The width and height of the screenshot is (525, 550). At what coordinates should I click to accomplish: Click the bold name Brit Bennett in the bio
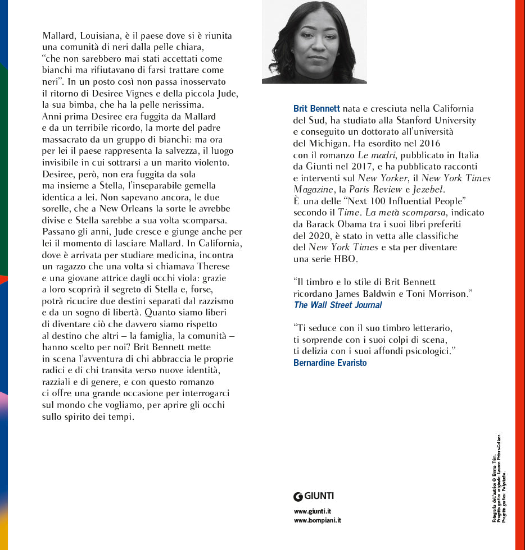(x=316, y=108)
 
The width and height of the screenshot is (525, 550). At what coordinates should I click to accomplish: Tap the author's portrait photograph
(x=314, y=42)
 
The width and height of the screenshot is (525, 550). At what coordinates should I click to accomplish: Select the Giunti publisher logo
(x=314, y=496)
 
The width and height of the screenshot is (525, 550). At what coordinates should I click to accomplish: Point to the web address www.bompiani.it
(x=317, y=520)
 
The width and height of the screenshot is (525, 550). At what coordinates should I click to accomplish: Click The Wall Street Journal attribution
(x=338, y=305)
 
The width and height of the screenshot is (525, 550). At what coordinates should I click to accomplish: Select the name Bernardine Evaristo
(x=330, y=363)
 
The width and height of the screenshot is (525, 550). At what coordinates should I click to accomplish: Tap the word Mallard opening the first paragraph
(x=60, y=35)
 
